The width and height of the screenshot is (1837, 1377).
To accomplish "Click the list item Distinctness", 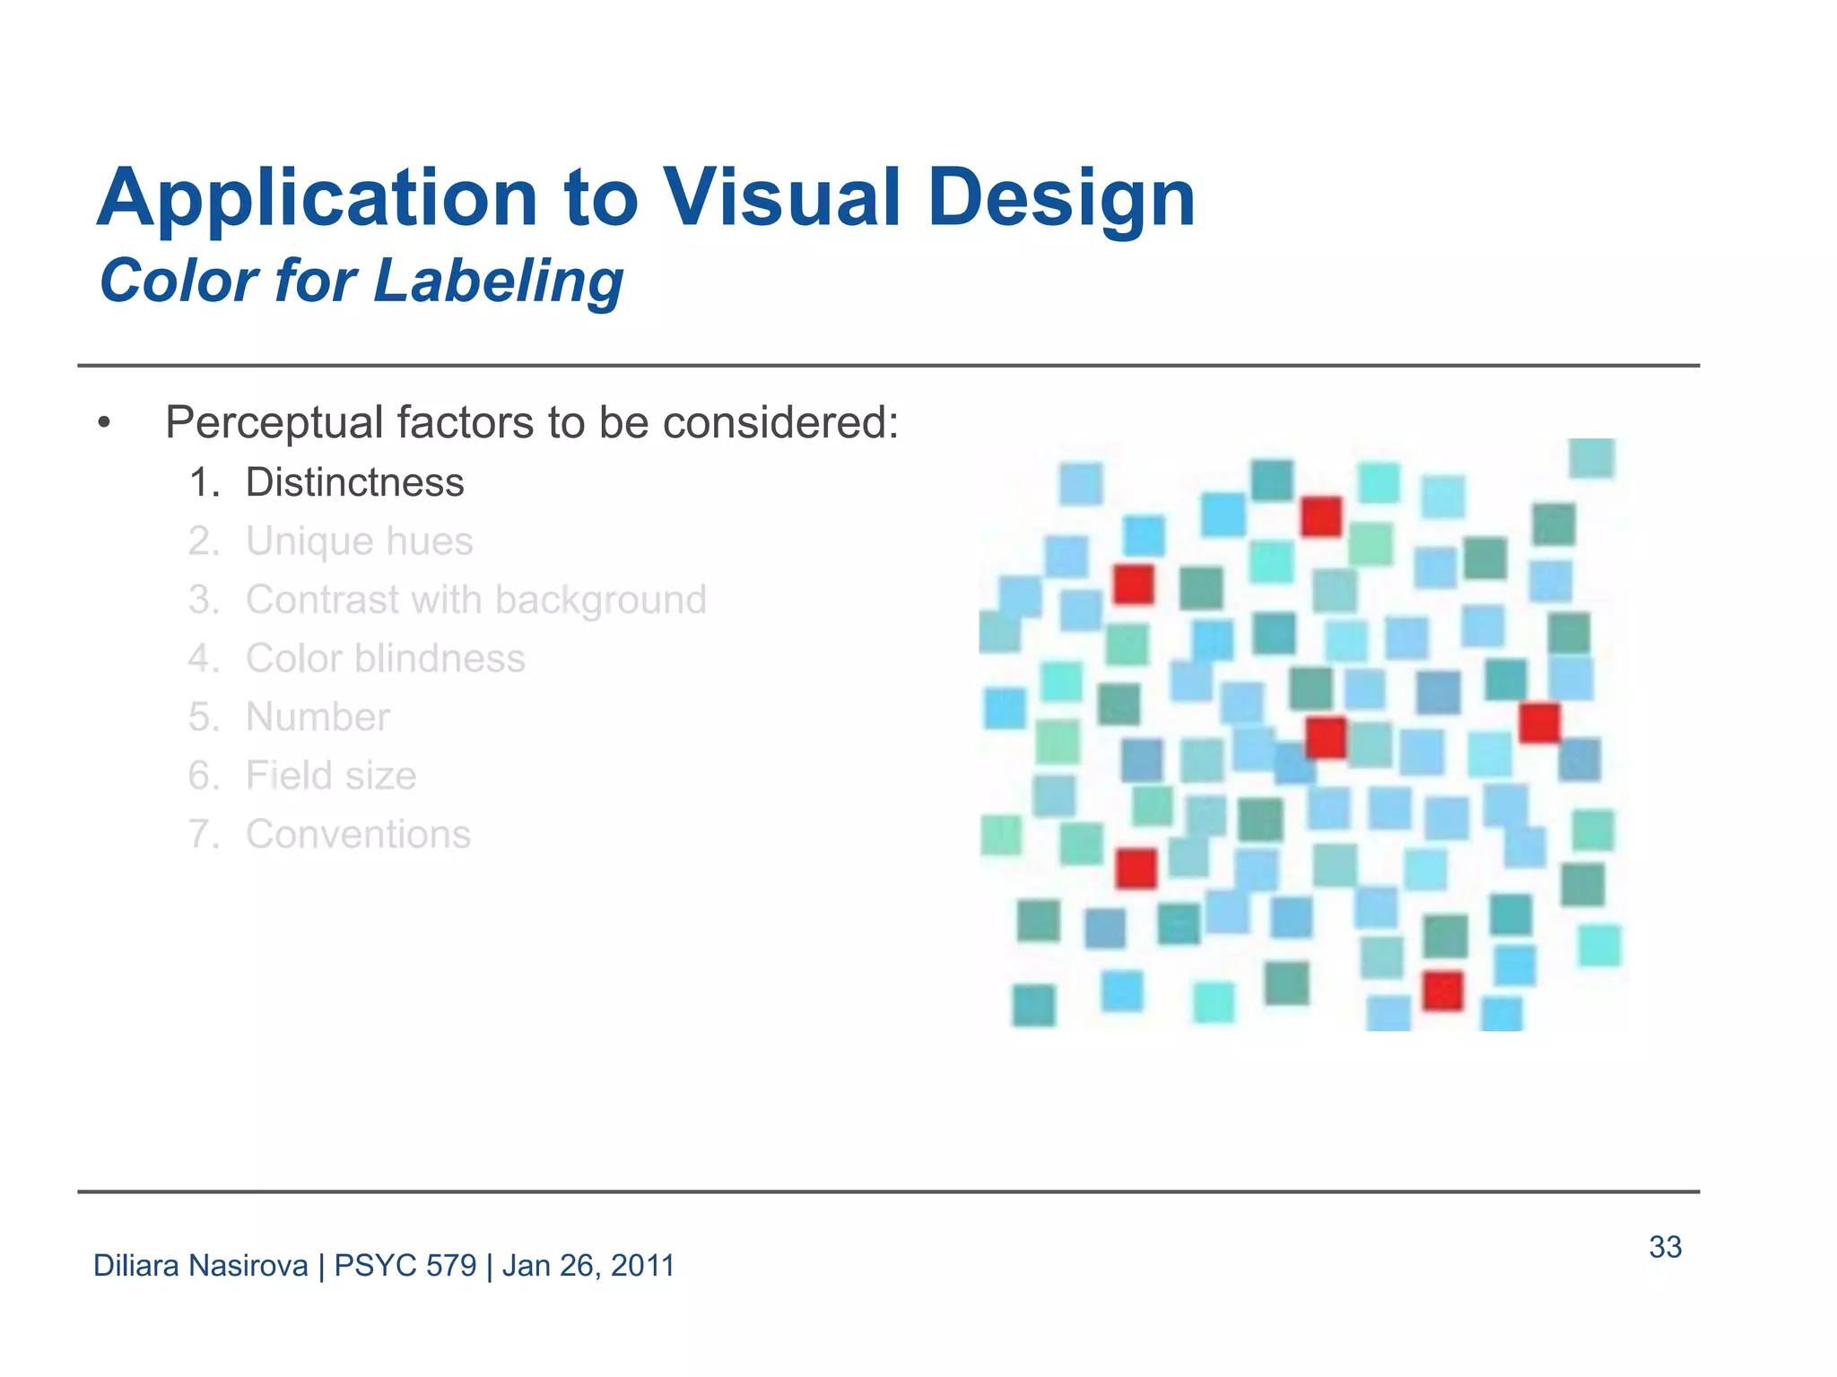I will pos(354,482).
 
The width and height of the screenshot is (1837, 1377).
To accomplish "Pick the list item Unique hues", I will pos(359,541).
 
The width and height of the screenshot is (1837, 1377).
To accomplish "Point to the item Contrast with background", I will pos(475,600).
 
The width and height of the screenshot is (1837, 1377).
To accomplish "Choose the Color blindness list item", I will pos(385,659).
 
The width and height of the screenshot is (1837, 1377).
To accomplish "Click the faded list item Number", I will pos(318,717).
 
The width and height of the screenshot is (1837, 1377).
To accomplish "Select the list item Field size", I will pos(331,775).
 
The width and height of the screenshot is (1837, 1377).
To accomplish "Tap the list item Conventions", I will pos(358,835).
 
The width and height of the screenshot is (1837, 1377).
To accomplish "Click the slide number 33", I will pos(1665,1247).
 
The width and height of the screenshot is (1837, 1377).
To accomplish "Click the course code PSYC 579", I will pos(405,1266).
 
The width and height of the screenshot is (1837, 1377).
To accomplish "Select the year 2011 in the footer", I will pos(642,1266).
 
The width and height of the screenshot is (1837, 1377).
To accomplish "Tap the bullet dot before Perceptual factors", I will pos(105,423).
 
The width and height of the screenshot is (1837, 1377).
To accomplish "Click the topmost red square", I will pos(1320,517).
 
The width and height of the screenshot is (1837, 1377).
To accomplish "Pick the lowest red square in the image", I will pos(1443,991).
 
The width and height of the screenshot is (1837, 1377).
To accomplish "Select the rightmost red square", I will pos(1539,723).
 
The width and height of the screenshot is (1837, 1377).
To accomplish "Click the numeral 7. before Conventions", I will pos(203,835).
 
